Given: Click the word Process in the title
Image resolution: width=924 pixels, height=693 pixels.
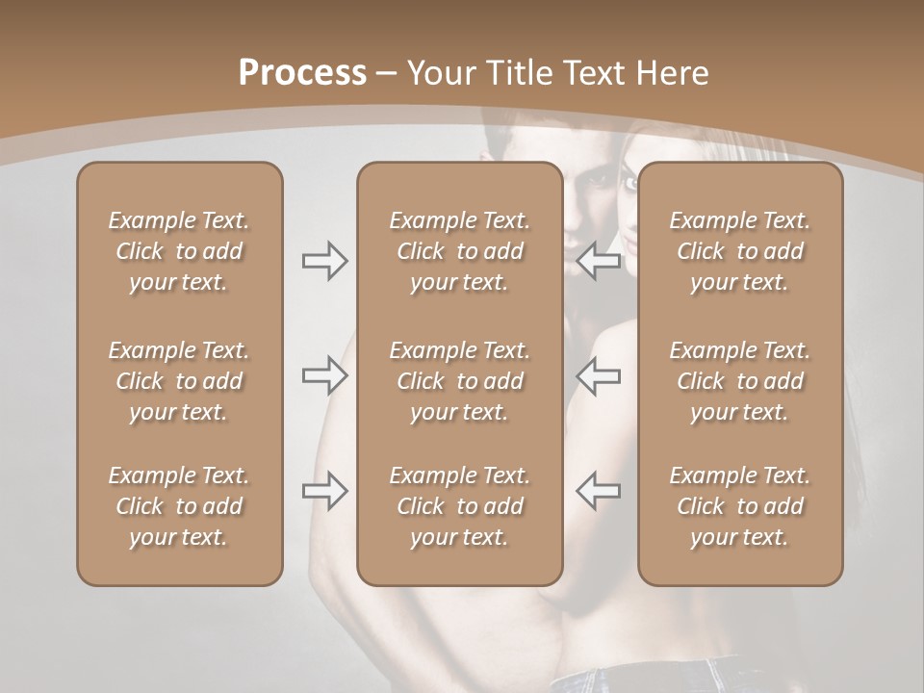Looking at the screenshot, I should pos(302,73).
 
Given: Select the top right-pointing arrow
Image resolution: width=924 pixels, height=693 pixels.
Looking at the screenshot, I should pos(324,261).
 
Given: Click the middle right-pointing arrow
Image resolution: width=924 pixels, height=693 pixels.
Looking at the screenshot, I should pos(324,376).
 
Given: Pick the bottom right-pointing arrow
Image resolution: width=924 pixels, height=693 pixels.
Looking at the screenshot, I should pos(324,491).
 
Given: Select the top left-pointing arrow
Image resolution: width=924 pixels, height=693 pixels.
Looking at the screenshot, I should pos(599,261).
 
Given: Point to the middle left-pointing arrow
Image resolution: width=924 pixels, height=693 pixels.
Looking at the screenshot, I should pos(599,376).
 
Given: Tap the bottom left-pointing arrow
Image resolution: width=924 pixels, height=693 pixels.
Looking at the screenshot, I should pos(599,491).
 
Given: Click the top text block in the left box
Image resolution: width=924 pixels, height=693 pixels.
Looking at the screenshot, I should pos(179,251).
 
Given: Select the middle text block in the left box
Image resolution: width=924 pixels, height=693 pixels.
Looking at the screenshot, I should pos(179,381).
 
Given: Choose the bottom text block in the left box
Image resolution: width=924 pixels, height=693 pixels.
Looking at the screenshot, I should pos(179,506).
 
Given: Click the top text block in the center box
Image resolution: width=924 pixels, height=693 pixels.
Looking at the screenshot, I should pos(459,251).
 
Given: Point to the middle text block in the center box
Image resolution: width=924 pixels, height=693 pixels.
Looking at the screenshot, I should pos(459,381).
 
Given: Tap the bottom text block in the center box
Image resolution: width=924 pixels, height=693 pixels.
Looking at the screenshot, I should pos(459,506).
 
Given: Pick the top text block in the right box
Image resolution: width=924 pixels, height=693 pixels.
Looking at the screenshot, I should pos(739,251).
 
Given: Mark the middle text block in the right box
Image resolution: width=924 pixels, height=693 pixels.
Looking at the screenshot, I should pos(739,381).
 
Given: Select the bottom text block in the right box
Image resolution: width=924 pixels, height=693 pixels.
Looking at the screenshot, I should pos(739,506).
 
